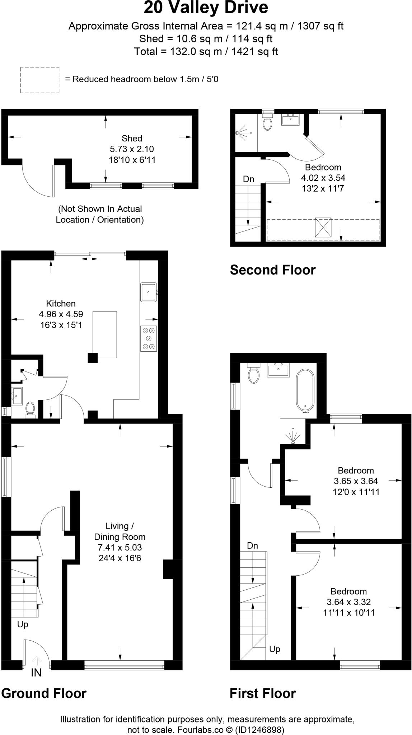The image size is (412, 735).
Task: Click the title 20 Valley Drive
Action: [206, 8]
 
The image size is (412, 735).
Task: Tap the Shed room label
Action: [132, 138]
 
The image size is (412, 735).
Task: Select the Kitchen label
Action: [61, 303]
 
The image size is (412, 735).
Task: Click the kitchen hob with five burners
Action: [149, 338]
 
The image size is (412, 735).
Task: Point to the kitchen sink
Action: [149, 292]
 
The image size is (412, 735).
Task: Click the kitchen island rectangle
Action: [105, 334]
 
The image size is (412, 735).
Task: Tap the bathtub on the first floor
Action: [305, 390]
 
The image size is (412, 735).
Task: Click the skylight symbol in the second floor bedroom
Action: [323, 227]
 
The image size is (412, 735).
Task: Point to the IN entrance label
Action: [36, 673]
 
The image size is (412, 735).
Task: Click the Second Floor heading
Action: [273, 270]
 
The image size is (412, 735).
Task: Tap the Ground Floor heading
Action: [44, 693]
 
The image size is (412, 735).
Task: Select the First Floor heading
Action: [263, 693]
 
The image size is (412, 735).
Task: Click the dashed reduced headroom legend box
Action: [40, 80]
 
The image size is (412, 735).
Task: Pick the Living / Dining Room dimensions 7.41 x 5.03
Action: [120, 547]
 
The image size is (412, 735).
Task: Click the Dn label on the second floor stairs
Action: [248, 179]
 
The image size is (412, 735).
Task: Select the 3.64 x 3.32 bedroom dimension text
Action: [348, 602]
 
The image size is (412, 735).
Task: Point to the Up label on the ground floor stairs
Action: [23, 624]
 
